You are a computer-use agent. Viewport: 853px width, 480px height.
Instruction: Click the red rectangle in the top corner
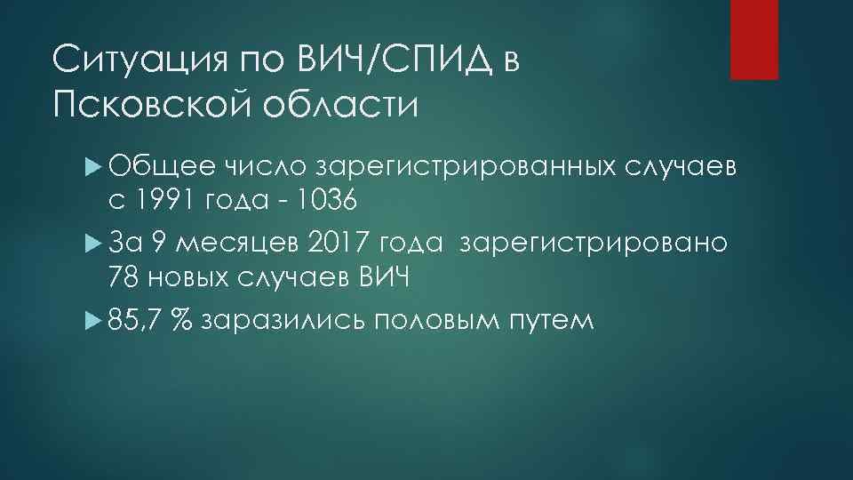(753, 39)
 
